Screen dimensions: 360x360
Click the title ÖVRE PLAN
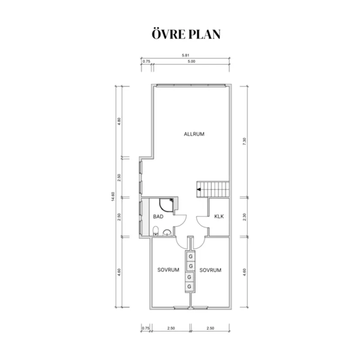tap(186, 34)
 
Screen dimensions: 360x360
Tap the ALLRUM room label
tap(194, 134)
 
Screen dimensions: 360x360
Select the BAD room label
tap(158, 216)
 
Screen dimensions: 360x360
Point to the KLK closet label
tap(219, 216)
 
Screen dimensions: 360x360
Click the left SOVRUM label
tap(168, 270)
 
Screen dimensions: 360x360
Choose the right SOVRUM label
tap(210, 270)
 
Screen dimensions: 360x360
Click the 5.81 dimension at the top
tap(185, 55)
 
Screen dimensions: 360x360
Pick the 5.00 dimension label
tap(192, 61)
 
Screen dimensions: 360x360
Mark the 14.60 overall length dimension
tap(113, 197)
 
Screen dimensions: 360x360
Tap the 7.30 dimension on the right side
tap(244, 141)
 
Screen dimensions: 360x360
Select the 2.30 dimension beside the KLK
tap(244, 217)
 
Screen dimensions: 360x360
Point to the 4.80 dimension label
tap(119, 121)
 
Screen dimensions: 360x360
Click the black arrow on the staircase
tap(199, 189)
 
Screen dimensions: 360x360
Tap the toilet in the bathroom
tap(156, 231)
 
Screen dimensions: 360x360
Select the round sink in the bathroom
tap(167, 233)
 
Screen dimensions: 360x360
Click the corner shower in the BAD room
tap(166, 205)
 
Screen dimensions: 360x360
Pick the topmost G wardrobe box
tap(191, 256)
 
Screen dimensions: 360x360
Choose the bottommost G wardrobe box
tap(189, 287)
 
